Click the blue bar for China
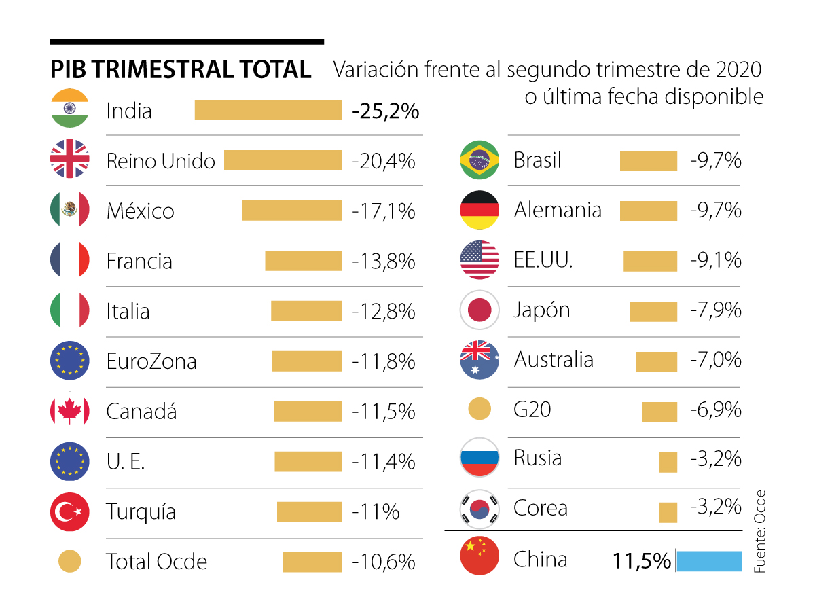(x=708, y=562)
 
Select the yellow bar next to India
(x=268, y=110)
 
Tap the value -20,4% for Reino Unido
(x=384, y=161)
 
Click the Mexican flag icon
(x=70, y=210)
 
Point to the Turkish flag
(x=70, y=511)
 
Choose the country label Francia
(x=139, y=262)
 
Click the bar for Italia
(x=306, y=311)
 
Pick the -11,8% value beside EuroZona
(x=384, y=361)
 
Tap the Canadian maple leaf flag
(x=70, y=411)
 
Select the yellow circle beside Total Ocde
(x=70, y=562)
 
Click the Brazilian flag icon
(x=479, y=161)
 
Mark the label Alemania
(x=558, y=211)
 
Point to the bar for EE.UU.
(x=650, y=262)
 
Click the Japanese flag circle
(x=479, y=310)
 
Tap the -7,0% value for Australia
(x=715, y=360)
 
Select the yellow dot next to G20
(x=479, y=410)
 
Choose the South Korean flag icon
(x=479, y=508)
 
